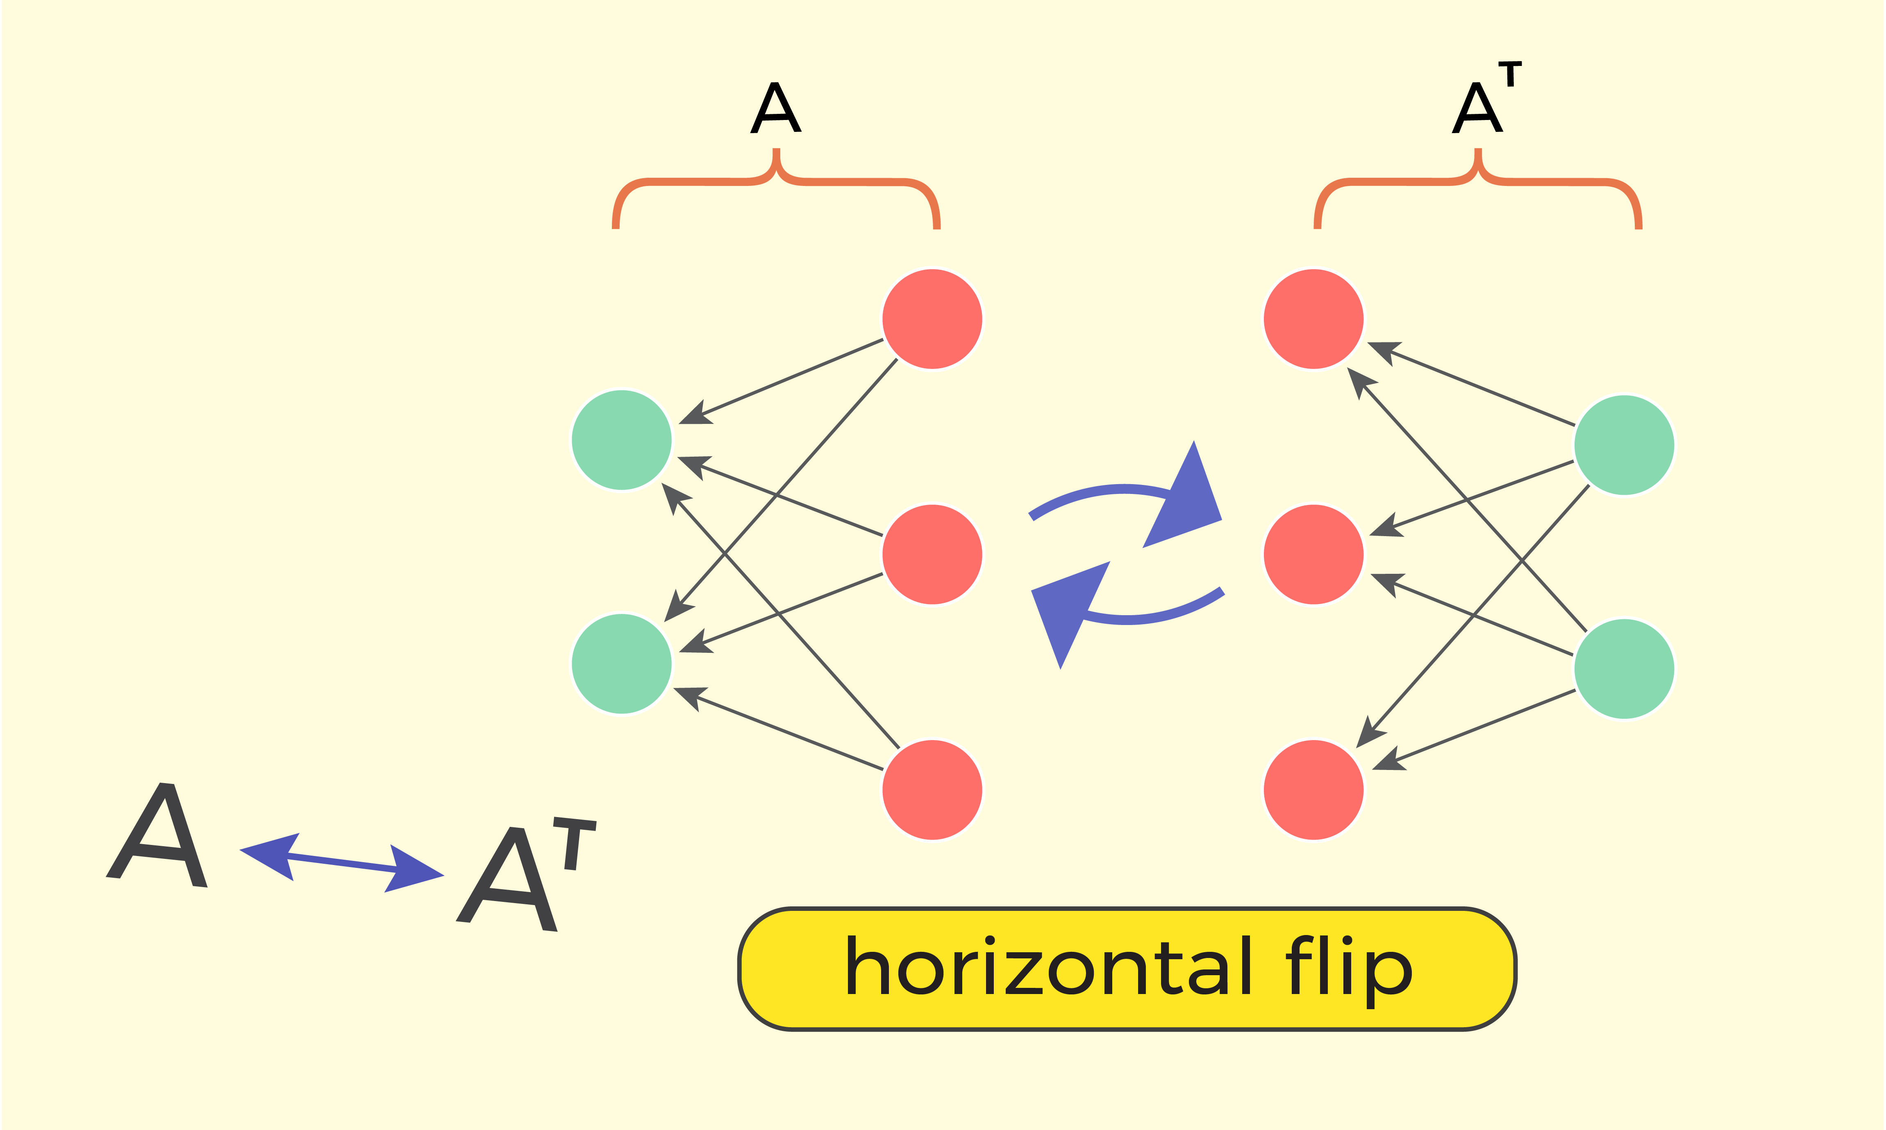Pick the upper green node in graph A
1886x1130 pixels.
tap(622, 440)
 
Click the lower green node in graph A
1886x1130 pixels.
tap(622, 664)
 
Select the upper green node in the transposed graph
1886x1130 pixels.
tap(1624, 445)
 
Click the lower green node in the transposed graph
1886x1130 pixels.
tap(1624, 668)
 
